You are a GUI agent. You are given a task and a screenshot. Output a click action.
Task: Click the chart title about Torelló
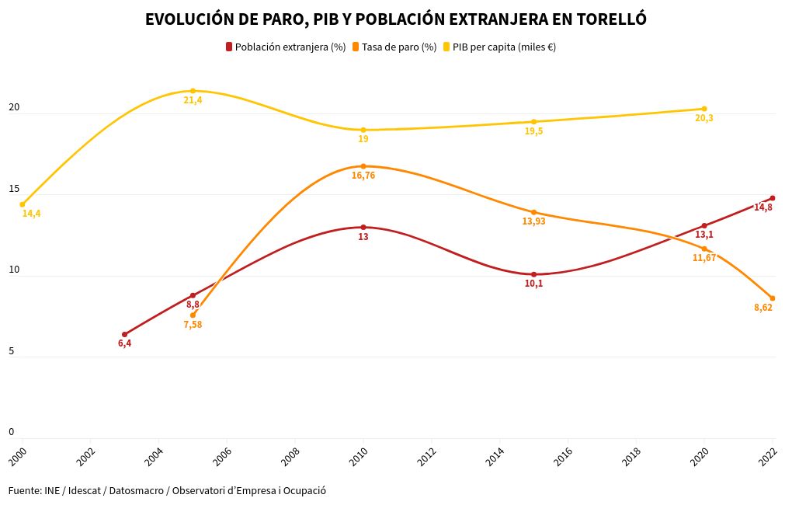(x=396, y=19)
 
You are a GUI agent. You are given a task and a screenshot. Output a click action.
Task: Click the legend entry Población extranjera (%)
(x=285, y=47)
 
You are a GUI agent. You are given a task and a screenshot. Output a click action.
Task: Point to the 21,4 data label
(x=193, y=100)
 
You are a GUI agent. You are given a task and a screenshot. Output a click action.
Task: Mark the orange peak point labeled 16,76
(x=363, y=166)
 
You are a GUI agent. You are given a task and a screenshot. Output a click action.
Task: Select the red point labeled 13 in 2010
(x=363, y=228)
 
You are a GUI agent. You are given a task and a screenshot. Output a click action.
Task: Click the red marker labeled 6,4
(x=124, y=335)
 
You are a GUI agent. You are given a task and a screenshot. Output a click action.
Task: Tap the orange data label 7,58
(x=193, y=325)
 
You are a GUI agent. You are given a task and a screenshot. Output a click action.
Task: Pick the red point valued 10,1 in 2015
(x=533, y=274)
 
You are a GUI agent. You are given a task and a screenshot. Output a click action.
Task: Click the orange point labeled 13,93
(x=533, y=212)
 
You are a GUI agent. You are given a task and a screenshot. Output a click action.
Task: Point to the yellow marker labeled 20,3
(x=704, y=109)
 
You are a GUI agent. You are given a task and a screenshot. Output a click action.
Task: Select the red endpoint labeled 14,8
(x=773, y=198)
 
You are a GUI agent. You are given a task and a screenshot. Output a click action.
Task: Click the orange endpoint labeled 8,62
(x=773, y=298)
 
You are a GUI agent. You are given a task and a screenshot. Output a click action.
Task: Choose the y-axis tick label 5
(x=11, y=351)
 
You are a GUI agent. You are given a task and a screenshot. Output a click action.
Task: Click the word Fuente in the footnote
(x=24, y=491)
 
